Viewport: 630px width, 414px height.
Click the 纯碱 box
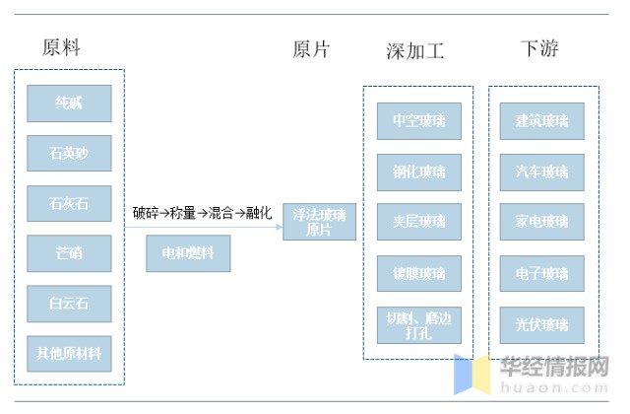[x=69, y=103]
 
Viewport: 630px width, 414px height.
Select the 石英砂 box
[x=69, y=153]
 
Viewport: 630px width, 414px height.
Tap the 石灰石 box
[x=69, y=203]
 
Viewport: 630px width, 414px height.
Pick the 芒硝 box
[x=69, y=253]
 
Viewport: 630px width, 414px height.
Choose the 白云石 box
[x=69, y=303]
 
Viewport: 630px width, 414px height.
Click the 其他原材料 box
[x=69, y=352]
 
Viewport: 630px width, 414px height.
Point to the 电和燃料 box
[x=188, y=253]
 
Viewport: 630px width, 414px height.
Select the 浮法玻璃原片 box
[x=319, y=222]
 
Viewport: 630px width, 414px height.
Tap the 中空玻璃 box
[x=418, y=121]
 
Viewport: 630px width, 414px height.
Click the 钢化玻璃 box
[x=418, y=172]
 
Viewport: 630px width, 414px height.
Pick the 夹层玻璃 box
[x=418, y=223]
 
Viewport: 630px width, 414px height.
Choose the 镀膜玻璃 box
[x=418, y=273]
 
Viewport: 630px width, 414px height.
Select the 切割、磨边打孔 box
[x=418, y=324]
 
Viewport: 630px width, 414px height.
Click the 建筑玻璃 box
[x=541, y=121]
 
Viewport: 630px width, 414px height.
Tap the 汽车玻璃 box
[x=541, y=172]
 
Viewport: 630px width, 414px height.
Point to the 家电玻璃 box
[x=541, y=223]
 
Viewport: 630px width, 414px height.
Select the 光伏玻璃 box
[x=541, y=324]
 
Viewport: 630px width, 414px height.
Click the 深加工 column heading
[x=414, y=50]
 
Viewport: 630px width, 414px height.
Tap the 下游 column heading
[x=539, y=48]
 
